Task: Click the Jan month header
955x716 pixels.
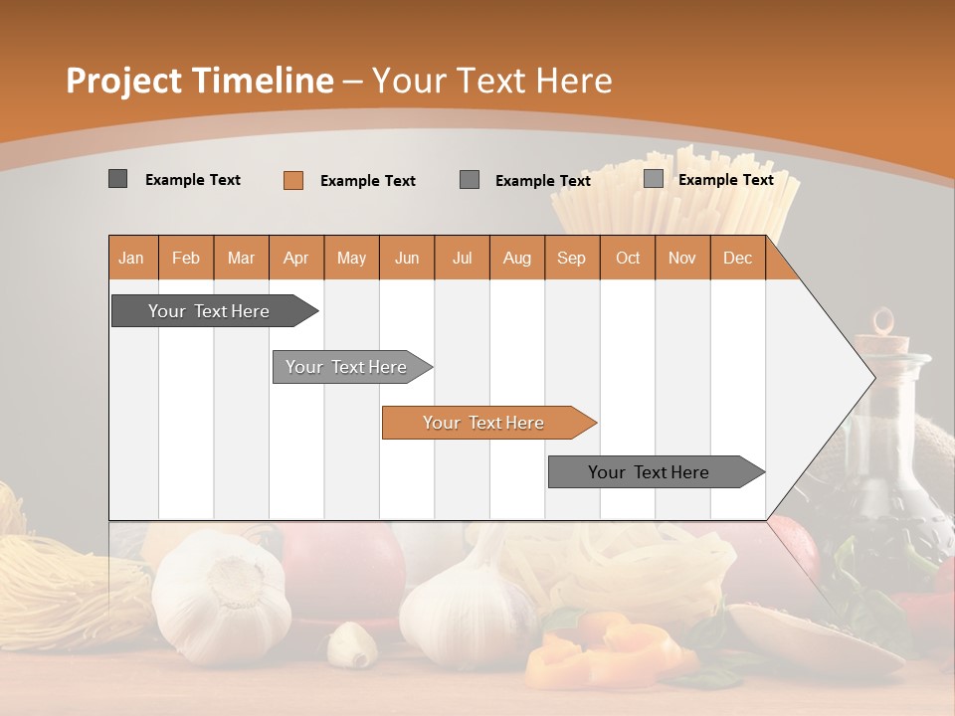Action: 131,258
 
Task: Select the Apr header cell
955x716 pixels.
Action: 295,258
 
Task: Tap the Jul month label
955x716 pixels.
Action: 462,258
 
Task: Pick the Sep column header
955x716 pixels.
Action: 571,258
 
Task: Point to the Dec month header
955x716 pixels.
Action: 737,258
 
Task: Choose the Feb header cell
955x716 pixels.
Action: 186,258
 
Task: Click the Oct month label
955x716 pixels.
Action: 628,258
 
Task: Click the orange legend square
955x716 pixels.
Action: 292,180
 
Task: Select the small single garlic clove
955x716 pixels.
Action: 351,643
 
